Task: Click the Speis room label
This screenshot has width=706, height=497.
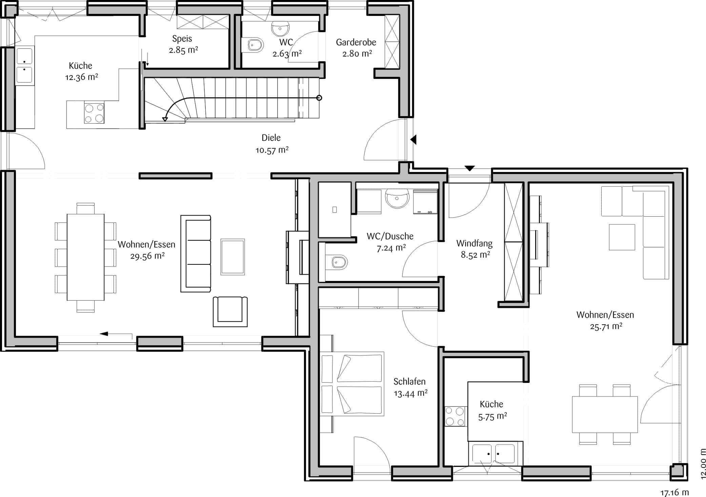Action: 182,39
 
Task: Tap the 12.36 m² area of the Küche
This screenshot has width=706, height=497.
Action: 82,77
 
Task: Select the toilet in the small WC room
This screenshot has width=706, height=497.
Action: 253,45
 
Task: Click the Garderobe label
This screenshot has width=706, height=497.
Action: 356,42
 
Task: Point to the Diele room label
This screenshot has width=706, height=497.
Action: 271,138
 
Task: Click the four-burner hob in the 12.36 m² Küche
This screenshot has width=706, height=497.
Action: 94,113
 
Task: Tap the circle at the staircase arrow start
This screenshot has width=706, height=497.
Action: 319,98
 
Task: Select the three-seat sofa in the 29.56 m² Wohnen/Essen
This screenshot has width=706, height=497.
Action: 196,254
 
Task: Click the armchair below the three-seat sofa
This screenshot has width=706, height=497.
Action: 230,311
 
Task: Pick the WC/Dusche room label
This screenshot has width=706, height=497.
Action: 390,236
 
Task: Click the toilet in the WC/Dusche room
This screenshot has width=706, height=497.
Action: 337,262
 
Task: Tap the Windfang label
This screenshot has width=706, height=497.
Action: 474,243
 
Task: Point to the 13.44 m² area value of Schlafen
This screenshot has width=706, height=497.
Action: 410,393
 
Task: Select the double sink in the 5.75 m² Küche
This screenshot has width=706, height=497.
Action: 493,454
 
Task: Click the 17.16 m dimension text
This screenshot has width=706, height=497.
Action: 674,492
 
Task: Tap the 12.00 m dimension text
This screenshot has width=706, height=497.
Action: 703,464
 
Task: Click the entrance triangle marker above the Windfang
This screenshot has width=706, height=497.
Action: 469,168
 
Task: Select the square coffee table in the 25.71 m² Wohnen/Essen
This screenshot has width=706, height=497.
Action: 622,237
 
